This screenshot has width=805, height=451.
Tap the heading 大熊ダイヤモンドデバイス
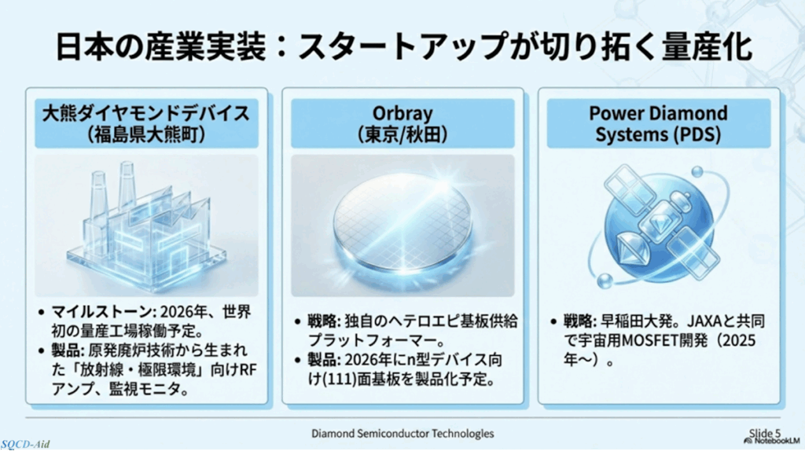146,113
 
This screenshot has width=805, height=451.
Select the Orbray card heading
402,123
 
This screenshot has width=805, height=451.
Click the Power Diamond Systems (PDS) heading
659,123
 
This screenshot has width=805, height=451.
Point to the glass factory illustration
147,224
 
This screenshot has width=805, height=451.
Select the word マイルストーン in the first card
102,311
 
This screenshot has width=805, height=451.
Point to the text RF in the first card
248,369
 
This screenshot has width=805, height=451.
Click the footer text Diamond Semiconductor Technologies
402,434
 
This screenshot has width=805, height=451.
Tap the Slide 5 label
764,433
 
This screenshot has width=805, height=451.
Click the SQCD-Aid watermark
25,445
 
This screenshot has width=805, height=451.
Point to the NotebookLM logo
772,440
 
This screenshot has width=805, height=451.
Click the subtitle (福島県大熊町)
146,135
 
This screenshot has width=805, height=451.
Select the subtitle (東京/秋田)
402,135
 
